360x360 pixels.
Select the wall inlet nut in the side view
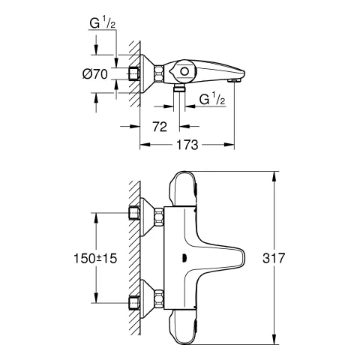click(133, 73)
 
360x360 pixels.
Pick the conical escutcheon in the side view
click(146, 73)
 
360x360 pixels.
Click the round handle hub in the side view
click(181, 71)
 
